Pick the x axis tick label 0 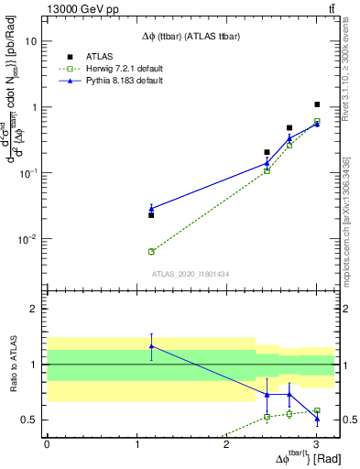[47, 444]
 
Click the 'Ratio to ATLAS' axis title [13, 365]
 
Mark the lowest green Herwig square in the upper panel [151, 251]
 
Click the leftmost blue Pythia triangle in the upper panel [151, 209]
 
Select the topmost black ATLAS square [317, 104]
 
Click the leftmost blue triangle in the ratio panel [151, 346]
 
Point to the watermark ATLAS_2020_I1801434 [190, 274]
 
